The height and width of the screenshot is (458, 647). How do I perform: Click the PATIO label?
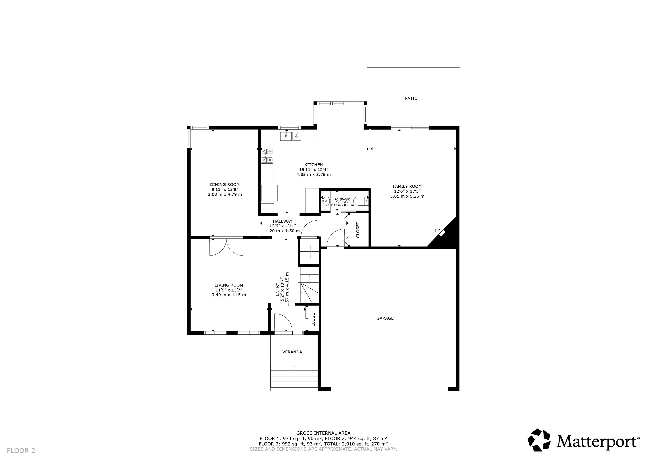coord(411,98)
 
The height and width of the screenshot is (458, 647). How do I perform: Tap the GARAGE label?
coord(385,318)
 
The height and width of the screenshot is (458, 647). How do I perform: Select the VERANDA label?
coord(292,352)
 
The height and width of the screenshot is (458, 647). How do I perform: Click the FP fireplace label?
coord(437,230)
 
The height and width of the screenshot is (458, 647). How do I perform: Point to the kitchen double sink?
coord(290,137)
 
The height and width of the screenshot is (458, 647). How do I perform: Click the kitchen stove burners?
coord(267,156)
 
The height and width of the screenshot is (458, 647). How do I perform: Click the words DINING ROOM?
coord(225,185)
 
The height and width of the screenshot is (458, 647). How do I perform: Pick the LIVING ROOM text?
coord(229,285)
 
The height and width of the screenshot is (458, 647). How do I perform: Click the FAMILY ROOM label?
coord(407,186)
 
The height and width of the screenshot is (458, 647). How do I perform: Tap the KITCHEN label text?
coord(314,165)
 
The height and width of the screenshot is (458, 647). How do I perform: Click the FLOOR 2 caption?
coord(21,451)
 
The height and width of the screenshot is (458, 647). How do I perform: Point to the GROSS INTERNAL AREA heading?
coord(323,433)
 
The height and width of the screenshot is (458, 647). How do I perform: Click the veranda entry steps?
coord(294,376)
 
